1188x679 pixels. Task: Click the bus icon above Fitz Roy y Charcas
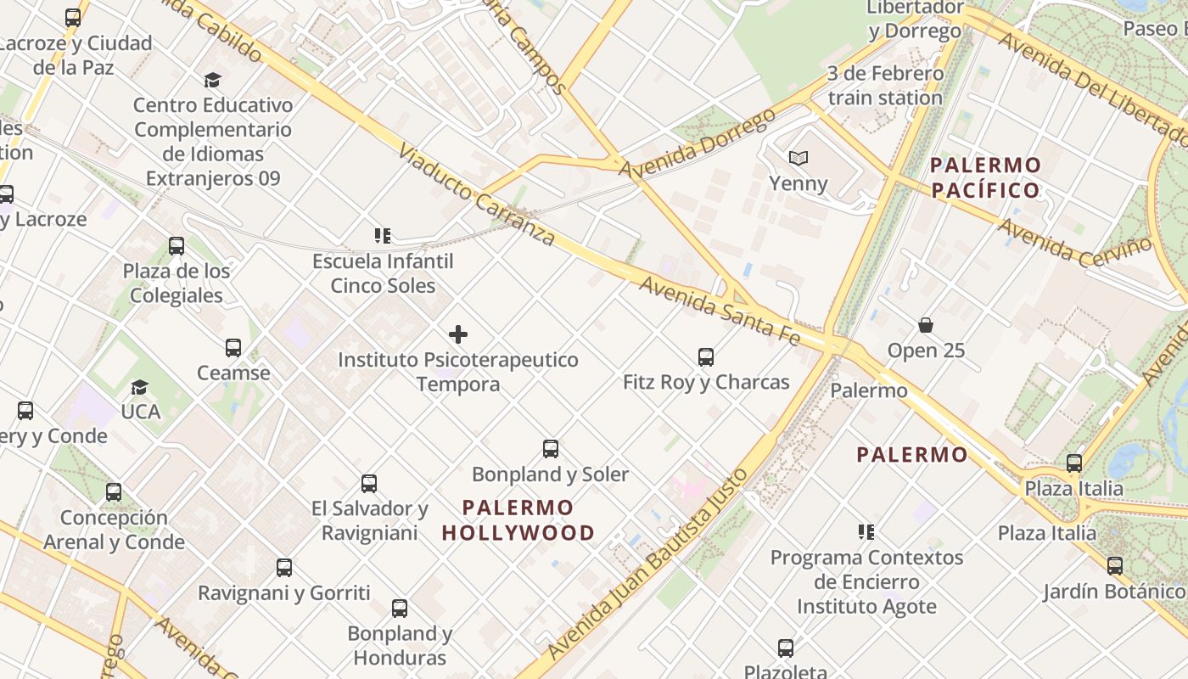pos(705,357)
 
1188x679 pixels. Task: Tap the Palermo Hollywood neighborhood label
pos(518,520)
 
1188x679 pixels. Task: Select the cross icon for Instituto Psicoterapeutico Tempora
pos(458,334)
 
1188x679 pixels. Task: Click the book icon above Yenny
pos(798,158)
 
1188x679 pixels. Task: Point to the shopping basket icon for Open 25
pos(926,325)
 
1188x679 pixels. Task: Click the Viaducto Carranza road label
pos(477,195)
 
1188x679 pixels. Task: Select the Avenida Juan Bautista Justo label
pos(648,564)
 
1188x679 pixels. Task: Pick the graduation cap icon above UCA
pos(140,387)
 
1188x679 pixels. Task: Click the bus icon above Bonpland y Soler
pos(551,449)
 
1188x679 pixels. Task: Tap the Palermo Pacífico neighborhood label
pos(985,177)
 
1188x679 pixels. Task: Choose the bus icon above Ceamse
pos(233,348)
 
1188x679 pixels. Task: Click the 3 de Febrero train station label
pos(885,86)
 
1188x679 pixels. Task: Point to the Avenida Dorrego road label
pos(697,143)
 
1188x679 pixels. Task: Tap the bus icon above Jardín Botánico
pos(1114,566)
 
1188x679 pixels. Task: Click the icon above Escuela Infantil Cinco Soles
pos(382,235)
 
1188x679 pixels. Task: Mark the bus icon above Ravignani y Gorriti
pos(284,568)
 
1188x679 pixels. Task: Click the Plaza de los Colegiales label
pos(177,283)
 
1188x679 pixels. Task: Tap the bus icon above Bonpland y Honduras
pos(400,609)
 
